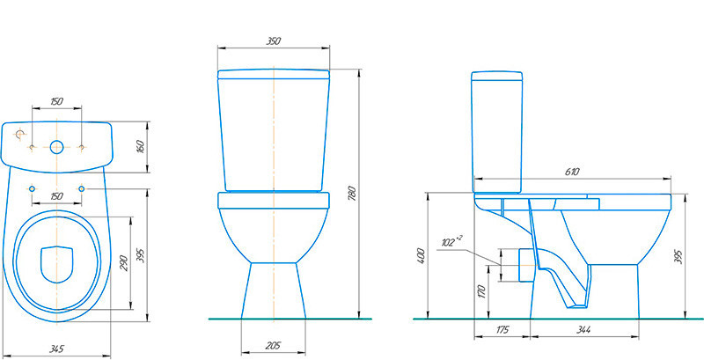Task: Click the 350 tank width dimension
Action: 274,41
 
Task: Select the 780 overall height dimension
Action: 352,193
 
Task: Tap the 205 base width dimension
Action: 273,346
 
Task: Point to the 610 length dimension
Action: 573,172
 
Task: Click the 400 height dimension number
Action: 421,256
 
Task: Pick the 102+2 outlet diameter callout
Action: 451,242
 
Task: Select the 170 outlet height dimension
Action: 480,291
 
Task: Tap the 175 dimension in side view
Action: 502,330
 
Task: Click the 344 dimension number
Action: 583,330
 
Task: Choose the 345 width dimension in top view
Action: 56,349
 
